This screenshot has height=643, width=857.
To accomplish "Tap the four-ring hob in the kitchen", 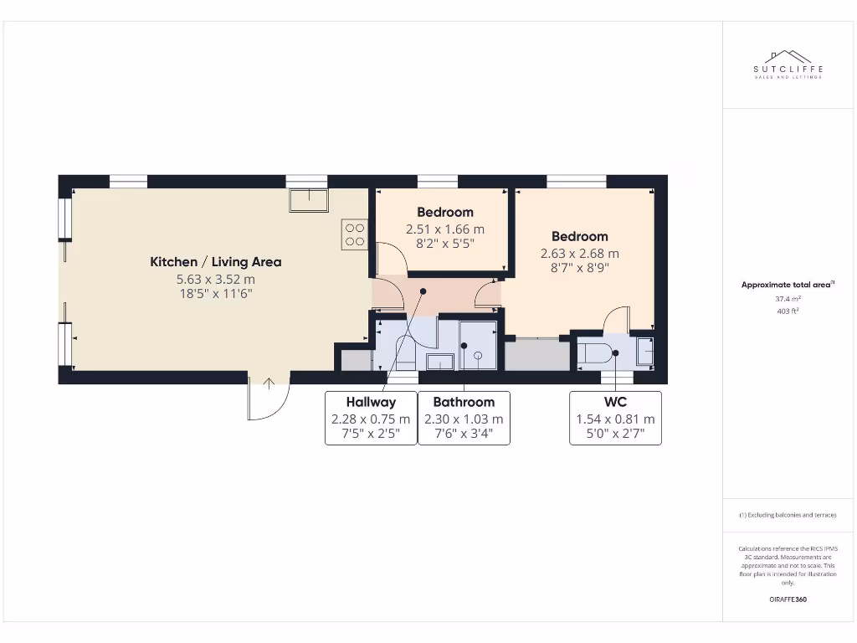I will tap(354, 234).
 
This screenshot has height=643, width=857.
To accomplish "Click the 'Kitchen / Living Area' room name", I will tap(215, 262).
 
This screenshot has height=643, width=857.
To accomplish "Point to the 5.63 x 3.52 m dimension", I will tap(215, 279).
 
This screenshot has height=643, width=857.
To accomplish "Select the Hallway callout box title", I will tap(371, 402).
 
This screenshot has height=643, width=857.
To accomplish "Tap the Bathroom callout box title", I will tap(464, 402).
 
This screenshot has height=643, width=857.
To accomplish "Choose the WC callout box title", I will tap(615, 402).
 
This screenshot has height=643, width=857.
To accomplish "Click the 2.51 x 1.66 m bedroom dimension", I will tap(445, 229).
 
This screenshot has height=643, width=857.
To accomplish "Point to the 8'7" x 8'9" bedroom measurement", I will tap(579, 269).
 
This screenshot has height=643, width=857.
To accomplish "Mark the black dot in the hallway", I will tap(423, 291).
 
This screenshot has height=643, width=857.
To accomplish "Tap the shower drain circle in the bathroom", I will tap(478, 355).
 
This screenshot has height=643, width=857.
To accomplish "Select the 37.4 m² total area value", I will tap(787, 297).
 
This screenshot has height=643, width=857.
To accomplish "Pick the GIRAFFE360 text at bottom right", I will tap(787, 599).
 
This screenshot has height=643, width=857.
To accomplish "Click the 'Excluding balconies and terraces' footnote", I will tap(787, 515).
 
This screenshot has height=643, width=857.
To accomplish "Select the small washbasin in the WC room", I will tap(645, 351).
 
